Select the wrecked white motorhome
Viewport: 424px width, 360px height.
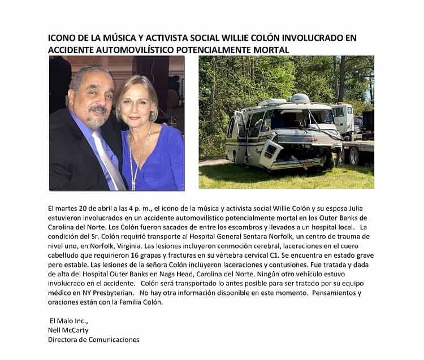(x=277, y=133)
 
